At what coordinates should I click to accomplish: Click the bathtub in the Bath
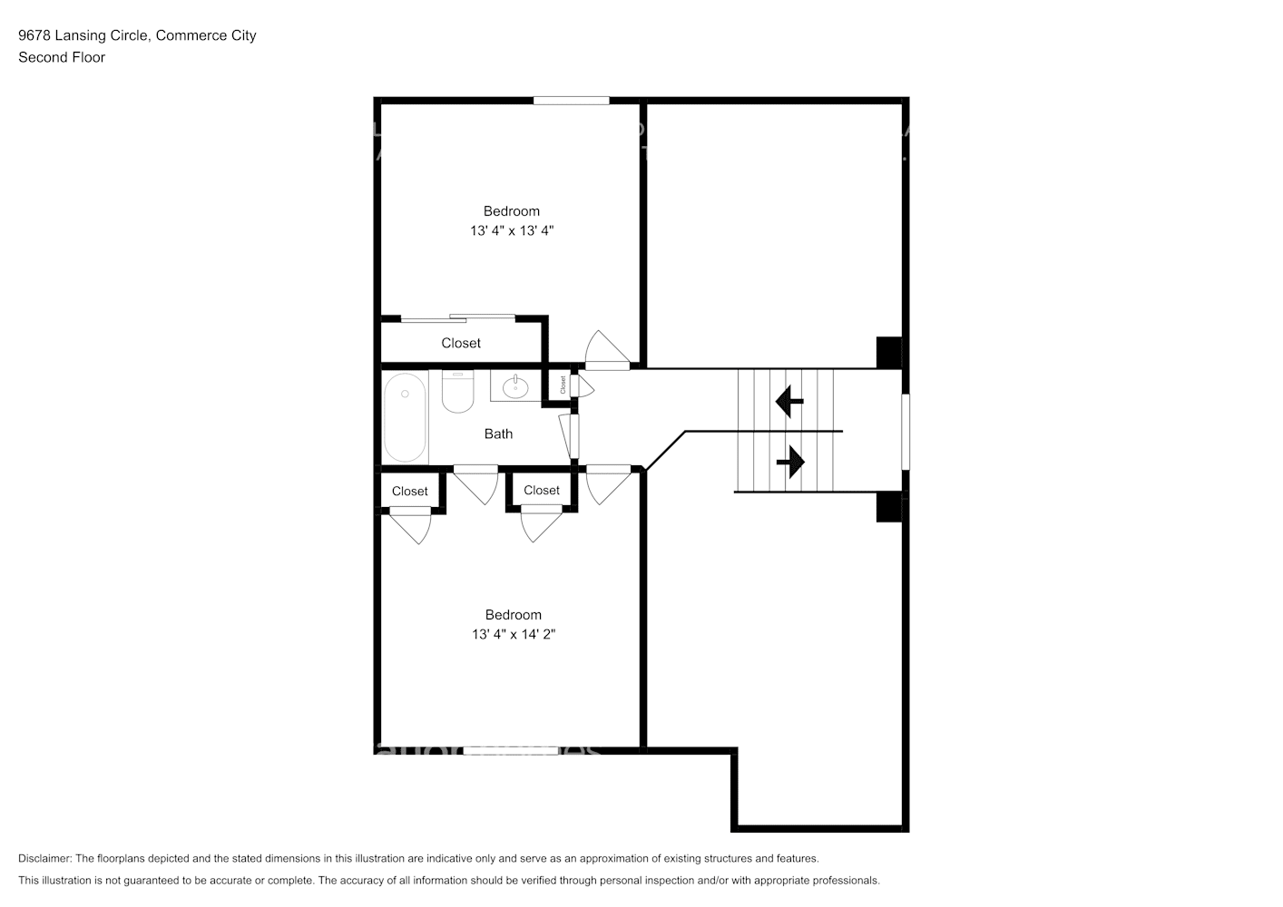click(405, 418)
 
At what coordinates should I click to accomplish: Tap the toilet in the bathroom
click(458, 392)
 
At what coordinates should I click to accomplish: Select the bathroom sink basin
click(515, 387)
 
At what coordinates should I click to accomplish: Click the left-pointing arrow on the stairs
click(788, 400)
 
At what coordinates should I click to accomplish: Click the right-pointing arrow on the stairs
click(790, 462)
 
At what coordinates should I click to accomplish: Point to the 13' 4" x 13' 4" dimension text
click(512, 231)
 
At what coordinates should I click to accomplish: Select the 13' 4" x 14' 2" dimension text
click(514, 635)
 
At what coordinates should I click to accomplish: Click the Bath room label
click(498, 434)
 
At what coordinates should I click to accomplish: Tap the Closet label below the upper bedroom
click(461, 344)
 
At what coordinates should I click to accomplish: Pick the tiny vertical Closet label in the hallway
click(563, 385)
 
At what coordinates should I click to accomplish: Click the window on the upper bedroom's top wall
click(571, 101)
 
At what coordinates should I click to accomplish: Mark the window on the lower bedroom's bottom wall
click(511, 751)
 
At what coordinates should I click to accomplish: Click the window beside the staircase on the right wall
click(905, 432)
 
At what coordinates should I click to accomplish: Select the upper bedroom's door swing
click(603, 352)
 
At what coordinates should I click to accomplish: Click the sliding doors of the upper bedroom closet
click(458, 317)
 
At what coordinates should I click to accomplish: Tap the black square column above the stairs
click(888, 353)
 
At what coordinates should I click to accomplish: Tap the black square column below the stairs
click(888, 507)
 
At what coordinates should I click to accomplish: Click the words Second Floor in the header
click(62, 58)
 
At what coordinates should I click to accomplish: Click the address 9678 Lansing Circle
click(83, 36)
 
